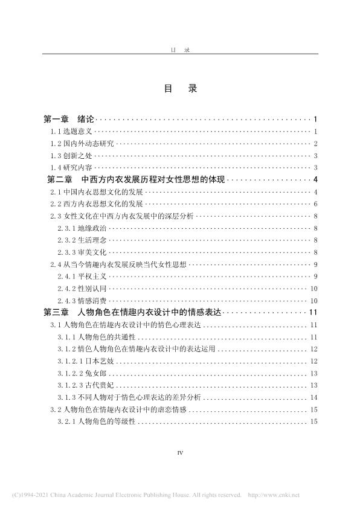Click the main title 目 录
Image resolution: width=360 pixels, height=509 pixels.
180,88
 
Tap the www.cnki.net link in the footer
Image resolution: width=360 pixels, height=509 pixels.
280,495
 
